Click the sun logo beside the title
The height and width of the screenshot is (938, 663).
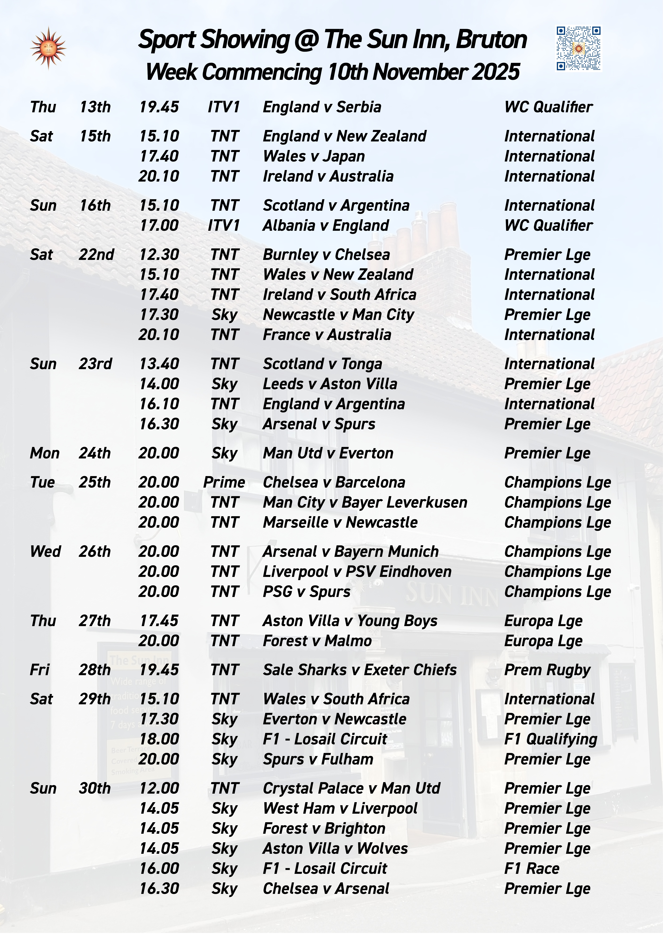[x=48, y=48]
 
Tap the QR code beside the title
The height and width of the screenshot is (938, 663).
[x=579, y=49]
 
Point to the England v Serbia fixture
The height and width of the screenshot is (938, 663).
[x=322, y=107]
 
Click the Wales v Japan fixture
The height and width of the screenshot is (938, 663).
[x=314, y=156]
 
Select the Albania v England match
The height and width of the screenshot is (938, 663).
[x=326, y=226]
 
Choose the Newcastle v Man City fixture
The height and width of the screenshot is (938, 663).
[x=338, y=315]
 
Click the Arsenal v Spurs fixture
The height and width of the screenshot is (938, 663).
[x=319, y=424]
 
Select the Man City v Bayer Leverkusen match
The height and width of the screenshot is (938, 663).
[x=365, y=503]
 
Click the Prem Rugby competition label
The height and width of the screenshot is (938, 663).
[x=547, y=670]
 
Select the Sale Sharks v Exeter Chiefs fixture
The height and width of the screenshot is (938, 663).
[x=359, y=670]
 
